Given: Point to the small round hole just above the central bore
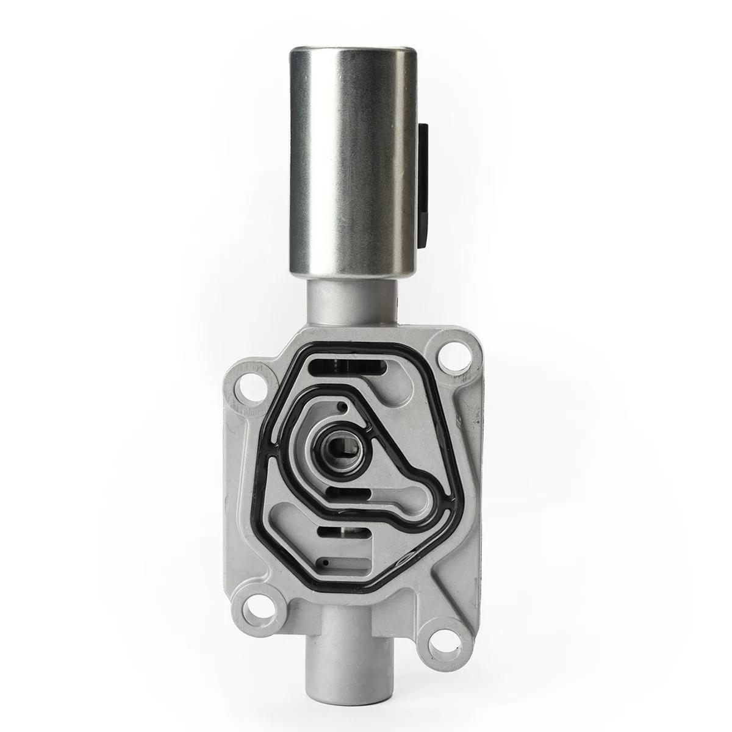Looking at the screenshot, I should (x=345, y=405).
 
